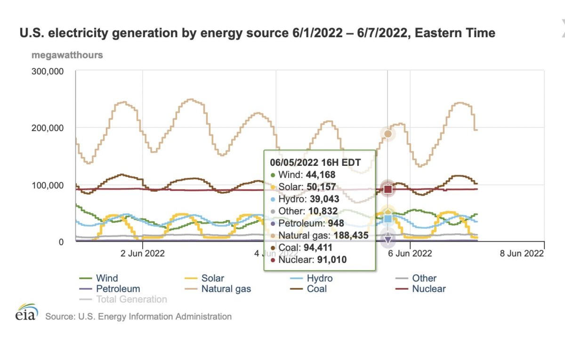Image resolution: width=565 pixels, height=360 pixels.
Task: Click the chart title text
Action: point(257,33)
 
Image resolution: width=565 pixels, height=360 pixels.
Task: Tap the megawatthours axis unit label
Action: point(67,55)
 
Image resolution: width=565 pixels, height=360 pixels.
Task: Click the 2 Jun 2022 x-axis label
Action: point(142,253)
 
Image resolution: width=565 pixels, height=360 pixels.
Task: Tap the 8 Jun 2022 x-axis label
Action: point(521,253)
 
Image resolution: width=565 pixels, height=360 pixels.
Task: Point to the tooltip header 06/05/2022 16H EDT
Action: point(315,163)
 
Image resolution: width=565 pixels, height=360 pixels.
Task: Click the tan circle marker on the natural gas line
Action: point(387,134)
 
